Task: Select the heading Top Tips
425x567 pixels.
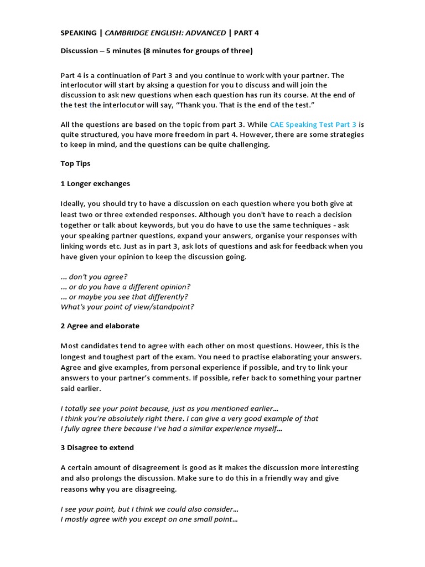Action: [x=75, y=164]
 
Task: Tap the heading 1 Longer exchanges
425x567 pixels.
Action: [x=95, y=183]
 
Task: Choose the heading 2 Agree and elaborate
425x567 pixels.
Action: [x=100, y=326]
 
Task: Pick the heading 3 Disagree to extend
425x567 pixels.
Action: [x=97, y=447]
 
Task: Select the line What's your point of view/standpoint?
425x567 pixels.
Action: [x=127, y=306]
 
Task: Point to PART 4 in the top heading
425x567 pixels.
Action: [x=246, y=33]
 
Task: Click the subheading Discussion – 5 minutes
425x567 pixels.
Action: [x=157, y=51]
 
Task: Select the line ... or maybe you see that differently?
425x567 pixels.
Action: [x=124, y=296]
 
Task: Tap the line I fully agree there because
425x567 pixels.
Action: [x=171, y=428]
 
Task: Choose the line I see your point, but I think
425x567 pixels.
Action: [x=149, y=509]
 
